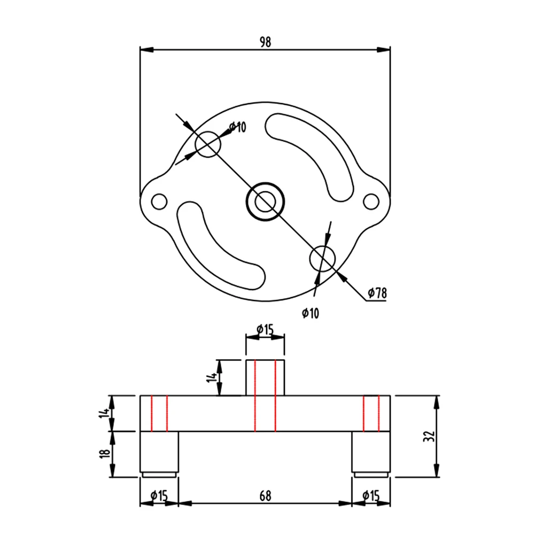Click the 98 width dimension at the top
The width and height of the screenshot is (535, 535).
tap(265, 42)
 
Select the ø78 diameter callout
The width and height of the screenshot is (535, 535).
tap(377, 293)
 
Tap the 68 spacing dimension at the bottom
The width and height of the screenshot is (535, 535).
tap(265, 496)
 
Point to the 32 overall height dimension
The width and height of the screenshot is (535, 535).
tap(429, 437)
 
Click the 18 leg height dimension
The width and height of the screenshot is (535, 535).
tap(105, 453)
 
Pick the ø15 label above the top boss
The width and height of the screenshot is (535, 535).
tap(265, 330)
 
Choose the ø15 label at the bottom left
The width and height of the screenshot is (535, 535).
tap(159, 495)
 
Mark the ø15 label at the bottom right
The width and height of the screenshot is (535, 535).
tap(371, 495)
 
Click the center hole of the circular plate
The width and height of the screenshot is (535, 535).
tap(266, 201)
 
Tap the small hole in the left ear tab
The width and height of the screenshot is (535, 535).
tap(159, 201)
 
